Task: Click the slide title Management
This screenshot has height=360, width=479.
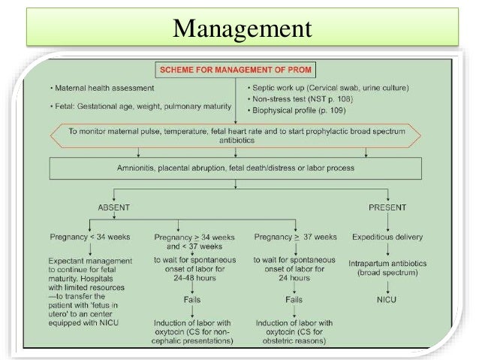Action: (x=241, y=30)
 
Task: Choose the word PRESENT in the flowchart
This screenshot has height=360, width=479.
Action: (x=387, y=207)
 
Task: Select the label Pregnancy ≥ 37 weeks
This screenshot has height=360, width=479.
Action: (x=295, y=237)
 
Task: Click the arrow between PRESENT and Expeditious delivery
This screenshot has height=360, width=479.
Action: (x=387, y=222)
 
